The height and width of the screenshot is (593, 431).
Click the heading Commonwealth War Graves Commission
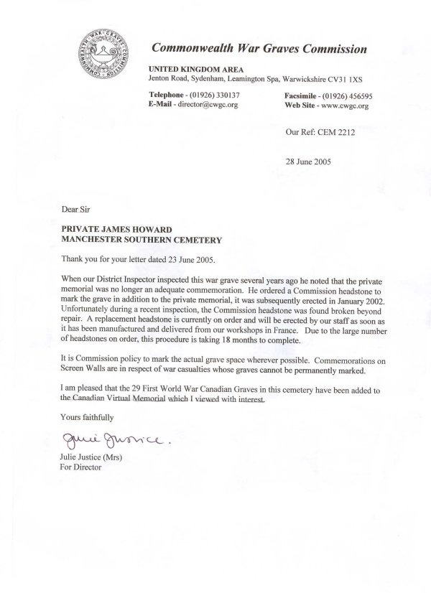click(x=259, y=50)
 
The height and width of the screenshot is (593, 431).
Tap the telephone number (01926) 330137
click(x=218, y=95)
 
